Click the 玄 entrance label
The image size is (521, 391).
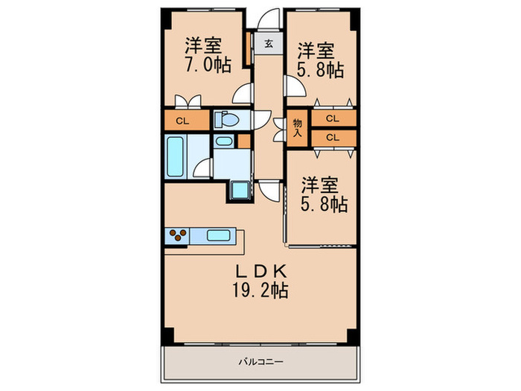[267, 43]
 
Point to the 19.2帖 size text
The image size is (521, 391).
[259, 288]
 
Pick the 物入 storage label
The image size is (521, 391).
[297, 127]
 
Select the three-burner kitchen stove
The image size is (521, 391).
[178, 236]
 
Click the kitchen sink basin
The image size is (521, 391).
[217, 236]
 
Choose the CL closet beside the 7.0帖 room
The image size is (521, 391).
[182, 120]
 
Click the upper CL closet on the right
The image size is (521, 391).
[333, 118]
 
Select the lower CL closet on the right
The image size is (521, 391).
[333, 137]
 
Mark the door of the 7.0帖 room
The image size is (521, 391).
[241, 94]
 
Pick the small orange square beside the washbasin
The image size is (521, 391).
[243, 140]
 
